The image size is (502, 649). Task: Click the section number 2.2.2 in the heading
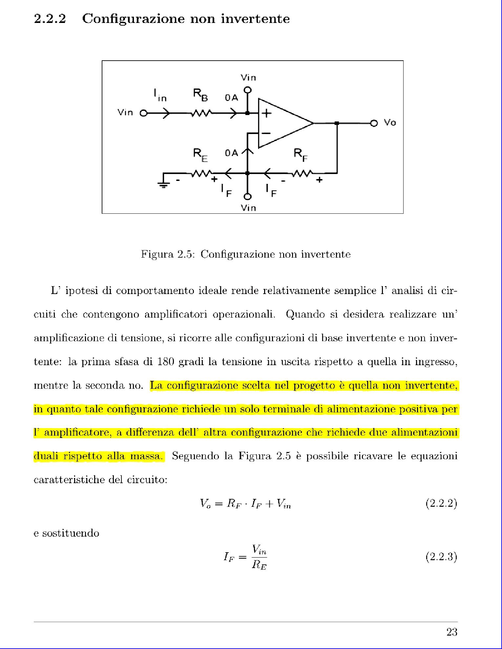(x=50, y=19)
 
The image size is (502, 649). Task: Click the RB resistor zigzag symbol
(x=201, y=113)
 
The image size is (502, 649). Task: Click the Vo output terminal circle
(x=374, y=123)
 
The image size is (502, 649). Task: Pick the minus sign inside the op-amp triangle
(x=266, y=133)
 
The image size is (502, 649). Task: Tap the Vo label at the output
(x=390, y=123)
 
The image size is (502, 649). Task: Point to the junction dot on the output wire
(x=337, y=123)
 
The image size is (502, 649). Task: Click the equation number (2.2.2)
(x=441, y=503)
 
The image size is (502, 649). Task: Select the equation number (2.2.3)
(x=441, y=557)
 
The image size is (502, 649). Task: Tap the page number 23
(x=452, y=632)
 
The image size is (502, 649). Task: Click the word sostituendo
(x=66, y=533)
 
